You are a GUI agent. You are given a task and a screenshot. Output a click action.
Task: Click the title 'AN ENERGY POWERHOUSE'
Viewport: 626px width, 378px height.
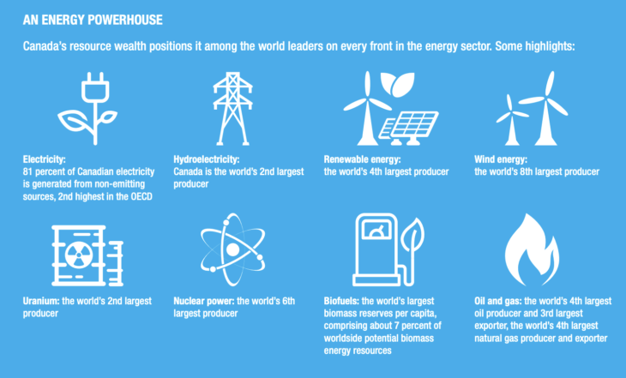93,20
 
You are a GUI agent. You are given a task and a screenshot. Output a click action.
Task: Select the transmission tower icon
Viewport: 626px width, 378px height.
232,109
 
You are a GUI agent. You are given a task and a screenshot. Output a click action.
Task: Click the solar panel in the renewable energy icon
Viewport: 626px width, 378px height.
408,128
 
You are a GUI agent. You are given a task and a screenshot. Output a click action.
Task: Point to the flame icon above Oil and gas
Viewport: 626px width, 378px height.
532,249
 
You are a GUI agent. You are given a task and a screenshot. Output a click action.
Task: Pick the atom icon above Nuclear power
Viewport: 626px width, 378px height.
232,249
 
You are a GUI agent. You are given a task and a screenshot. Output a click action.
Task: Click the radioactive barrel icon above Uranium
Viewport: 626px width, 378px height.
87,255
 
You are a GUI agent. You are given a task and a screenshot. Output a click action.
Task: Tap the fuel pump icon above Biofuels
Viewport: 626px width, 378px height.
388,249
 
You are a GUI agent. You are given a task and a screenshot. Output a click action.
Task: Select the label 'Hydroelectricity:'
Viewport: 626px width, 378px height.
207,159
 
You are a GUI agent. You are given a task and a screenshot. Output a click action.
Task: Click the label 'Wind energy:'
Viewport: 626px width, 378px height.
501,159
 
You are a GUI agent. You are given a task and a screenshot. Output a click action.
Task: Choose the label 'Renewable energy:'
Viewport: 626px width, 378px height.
362,159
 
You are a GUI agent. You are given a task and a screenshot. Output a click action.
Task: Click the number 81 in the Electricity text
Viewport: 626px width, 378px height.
27,171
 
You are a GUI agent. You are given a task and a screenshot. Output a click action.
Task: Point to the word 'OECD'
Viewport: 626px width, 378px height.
141,196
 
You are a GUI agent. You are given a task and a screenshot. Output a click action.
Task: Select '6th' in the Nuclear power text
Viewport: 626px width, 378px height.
288,301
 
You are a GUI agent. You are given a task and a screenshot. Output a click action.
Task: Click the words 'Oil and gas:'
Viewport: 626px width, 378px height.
498,301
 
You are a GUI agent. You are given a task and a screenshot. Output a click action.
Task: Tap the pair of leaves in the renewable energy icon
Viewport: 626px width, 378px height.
397,84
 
